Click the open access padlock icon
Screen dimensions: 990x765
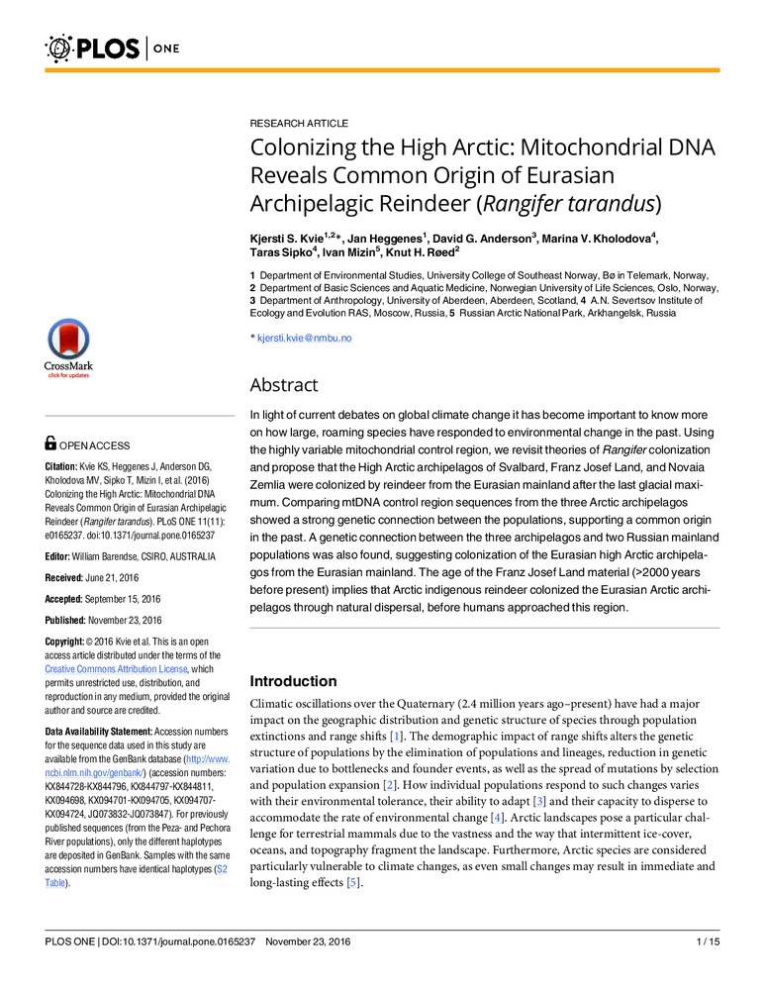(52, 447)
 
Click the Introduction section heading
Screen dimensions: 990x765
(293, 681)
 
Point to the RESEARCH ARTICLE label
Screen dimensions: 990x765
(298, 123)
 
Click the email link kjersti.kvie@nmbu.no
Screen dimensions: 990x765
(304, 339)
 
